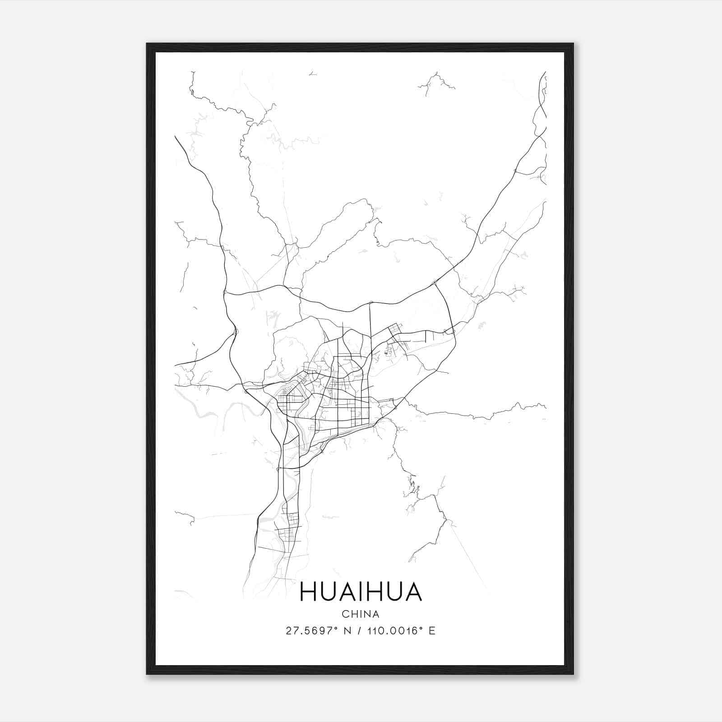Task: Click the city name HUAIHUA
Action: [x=361, y=592]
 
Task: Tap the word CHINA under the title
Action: [x=361, y=614]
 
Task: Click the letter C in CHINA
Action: [x=345, y=614]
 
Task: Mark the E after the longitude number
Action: [x=432, y=631]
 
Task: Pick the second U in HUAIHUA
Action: [x=395, y=592]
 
